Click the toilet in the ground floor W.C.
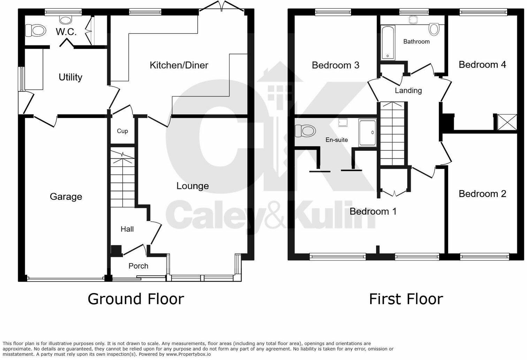[36, 30]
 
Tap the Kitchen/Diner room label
[179, 65]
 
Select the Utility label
[70, 77]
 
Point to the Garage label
[66, 197]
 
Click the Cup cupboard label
[122, 131]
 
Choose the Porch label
[138, 266]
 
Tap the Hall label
[127, 229]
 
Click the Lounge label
[192, 186]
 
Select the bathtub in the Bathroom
[388, 42]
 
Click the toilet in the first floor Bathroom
[434, 29]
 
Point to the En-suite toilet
[305, 131]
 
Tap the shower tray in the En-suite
[367, 133]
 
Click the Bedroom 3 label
[335, 65]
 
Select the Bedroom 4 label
[482, 65]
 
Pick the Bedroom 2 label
[482, 194]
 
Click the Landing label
[408, 91]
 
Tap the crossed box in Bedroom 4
[507, 122]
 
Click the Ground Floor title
[136, 299]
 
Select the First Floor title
[406, 299]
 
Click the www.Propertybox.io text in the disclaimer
[188, 354]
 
